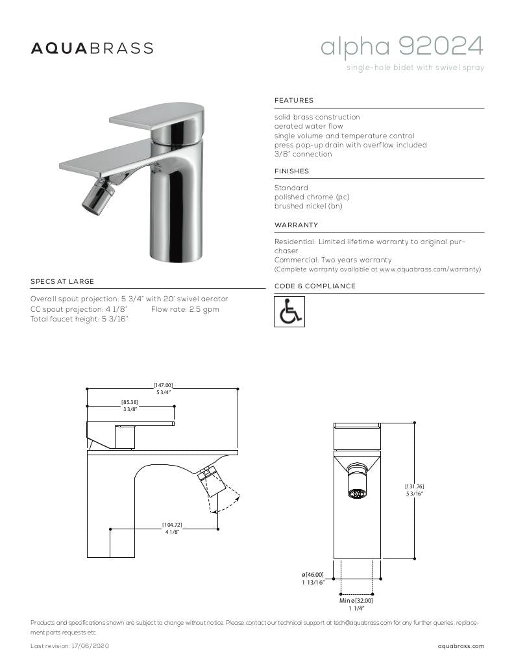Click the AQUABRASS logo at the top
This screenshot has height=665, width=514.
[x=92, y=48]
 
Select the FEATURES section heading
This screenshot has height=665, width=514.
[x=294, y=101]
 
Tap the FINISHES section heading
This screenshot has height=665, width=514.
[x=292, y=171]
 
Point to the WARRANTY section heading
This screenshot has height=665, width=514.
[x=297, y=225]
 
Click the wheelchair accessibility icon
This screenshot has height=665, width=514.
[x=289, y=312]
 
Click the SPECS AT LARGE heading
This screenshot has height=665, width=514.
[x=62, y=282]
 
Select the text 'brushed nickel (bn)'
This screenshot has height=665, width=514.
[x=308, y=207]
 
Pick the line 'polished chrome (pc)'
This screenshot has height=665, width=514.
[x=312, y=197]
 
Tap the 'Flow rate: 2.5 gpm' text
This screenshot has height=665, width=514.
[x=185, y=309]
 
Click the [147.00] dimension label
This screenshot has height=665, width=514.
[x=163, y=385]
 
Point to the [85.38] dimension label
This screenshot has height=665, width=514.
[x=130, y=403]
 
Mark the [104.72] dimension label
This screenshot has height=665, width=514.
[x=172, y=524]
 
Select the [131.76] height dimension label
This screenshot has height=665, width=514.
[x=415, y=486]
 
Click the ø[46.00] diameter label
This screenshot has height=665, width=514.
[x=312, y=575]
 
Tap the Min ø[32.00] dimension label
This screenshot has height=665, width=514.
[x=356, y=601]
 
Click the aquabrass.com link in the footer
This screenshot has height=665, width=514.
[x=461, y=646]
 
